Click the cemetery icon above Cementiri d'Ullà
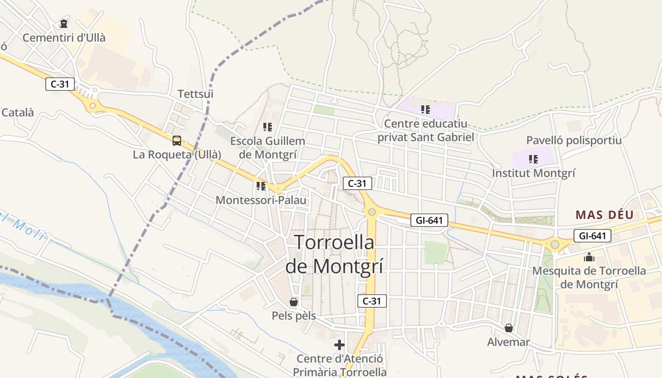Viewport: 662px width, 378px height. pyautogui.click(x=64, y=24)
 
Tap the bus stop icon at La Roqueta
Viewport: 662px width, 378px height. pyautogui.click(x=176, y=140)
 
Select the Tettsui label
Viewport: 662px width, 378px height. pyautogui.click(x=195, y=94)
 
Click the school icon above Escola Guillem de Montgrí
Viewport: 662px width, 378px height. pyautogui.click(x=268, y=127)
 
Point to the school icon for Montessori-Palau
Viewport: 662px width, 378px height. pyautogui.click(x=261, y=186)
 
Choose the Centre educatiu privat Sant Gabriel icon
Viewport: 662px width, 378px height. pyautogui.click(x=426, y=110)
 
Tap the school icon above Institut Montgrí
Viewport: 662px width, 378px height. pyautogui.click(x=533, y=159)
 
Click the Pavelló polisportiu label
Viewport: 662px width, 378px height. pyautogui.click(x=574, y=140)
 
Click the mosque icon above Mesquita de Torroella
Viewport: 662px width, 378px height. pyautogui.click(x=589, y=257)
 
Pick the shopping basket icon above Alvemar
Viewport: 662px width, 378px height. pyautogui.click(x=509, y=327)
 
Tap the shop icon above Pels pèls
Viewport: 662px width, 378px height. pyautogui.click(x=294, y=301)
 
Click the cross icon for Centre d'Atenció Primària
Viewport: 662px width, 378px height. pyautogui.click(x=339, y=344)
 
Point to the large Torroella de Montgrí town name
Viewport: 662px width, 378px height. pyautogui.click(x=334, y=254)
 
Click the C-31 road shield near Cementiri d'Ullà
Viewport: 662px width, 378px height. pyautogui.click(x=60, y=85)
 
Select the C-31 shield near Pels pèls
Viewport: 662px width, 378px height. pyautogui.click(x=372, y=301)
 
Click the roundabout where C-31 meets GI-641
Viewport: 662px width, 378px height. pyautogui.click(x=372, y=212)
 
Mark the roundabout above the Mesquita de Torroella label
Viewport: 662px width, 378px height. pyautogui.click(x=555, y=244)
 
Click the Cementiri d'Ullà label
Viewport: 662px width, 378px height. pyautogui.click(x=64, y=38)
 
